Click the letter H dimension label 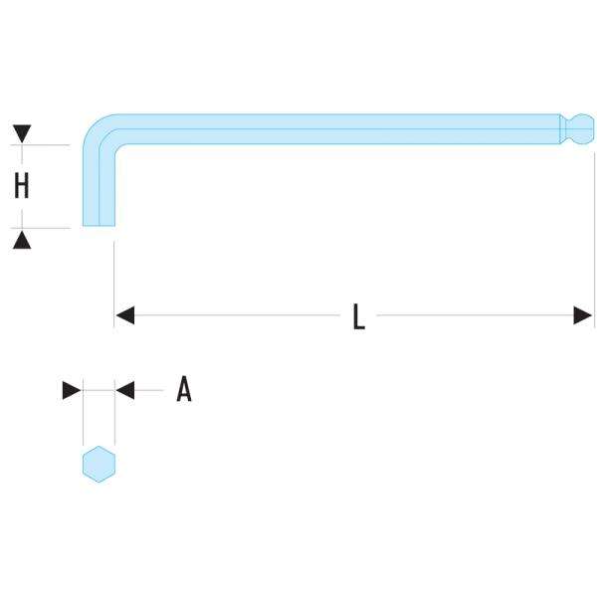pyautogui.click(x=21, y=185)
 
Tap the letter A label pyautogui.click(x=183, y=390)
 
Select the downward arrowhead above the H pyautogui.click(x=22, y=133)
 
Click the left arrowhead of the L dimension pyautogui.click(x=125, y=316)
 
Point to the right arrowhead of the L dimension pyautogui.click(x=583, y=316)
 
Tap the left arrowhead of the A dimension pyautogui.click(x=72, y=391)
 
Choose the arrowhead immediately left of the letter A pyautogui.click(x=125, y=391)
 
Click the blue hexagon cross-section pyautogui.click(x=99, y=465)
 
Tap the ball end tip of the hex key pyautogui.click(x=583, y=130)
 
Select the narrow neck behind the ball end pyautogui.click(x=565, y=130)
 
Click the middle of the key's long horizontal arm pyautogui.click(x=338, y=130)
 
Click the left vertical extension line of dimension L pyautogui.click(x=115, y=279)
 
